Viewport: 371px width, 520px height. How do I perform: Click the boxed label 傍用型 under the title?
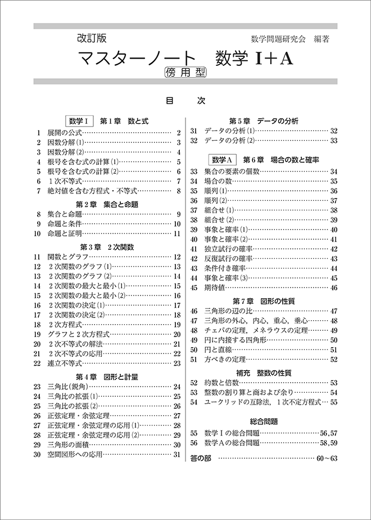(x=185, y=71)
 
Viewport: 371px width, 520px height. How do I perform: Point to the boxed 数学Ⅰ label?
(x=79, y=120)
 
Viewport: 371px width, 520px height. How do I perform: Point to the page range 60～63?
(x=326, y=458)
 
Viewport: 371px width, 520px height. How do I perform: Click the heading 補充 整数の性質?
(x=264, y=372)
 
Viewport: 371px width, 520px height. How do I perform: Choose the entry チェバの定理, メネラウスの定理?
(x=256, y=330)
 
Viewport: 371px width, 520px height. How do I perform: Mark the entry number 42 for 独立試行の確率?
(x=194, y=248)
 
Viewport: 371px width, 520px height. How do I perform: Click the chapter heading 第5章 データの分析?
(x=264, y=120)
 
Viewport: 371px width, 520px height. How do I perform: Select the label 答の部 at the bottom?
(x=201, y=458)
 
